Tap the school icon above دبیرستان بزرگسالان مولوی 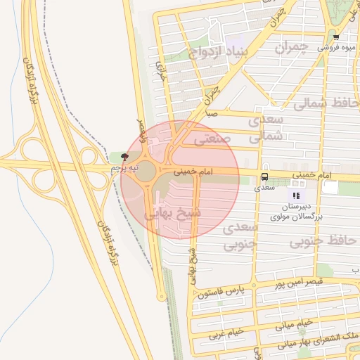point(296,195)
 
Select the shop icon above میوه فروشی point(336,37)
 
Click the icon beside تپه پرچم point(125,157)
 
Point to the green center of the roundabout point(146,170)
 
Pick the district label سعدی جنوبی point(240,237)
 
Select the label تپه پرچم point(124,169)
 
